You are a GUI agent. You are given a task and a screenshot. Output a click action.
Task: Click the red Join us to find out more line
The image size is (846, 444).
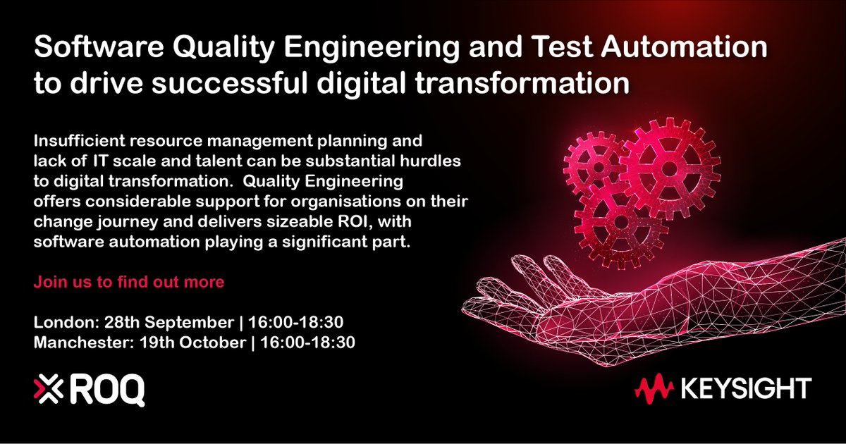point(129,283)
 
